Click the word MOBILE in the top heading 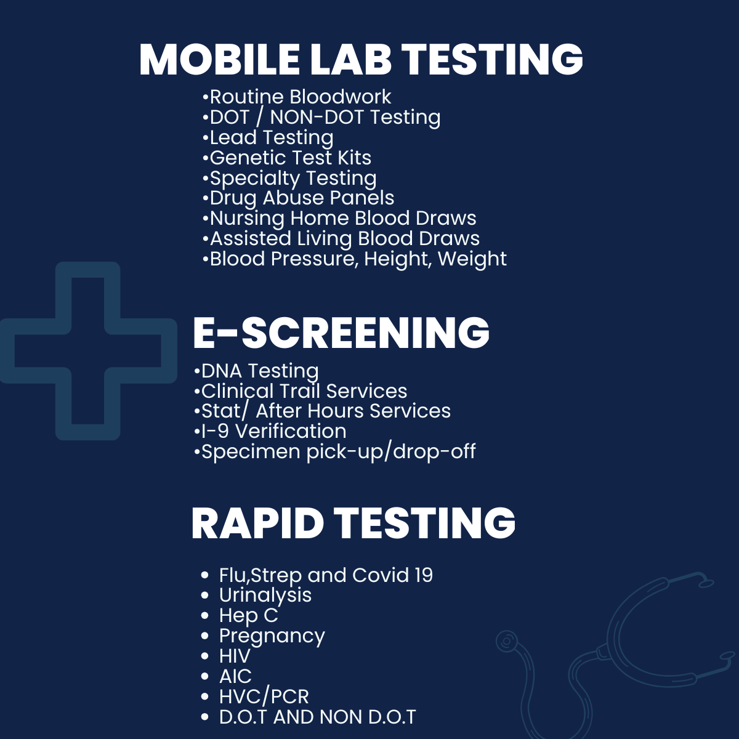coord(219,60)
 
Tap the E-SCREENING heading coord(341,333)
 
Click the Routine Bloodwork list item coord(297,97)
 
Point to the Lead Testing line coord(268,138)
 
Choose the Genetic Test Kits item coord(287,158)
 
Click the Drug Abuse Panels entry coord(298,198)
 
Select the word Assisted coord(251,238)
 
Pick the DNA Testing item coord(256,371)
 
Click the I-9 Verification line coord(270,431)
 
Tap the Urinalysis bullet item coord(256,596)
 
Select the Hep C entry coord(240,616)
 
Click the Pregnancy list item coord(263,636)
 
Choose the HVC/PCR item coord(254,697)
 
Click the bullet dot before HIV coord(205,656)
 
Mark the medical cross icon coord(88,351)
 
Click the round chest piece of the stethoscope coord(507,641)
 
